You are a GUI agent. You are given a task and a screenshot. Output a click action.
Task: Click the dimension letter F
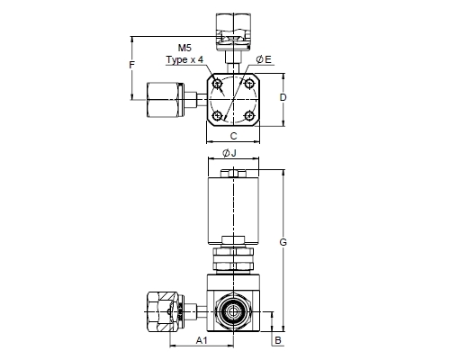(x=132, y=65)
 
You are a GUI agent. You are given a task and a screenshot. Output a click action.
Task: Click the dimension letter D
(x=283, y=97)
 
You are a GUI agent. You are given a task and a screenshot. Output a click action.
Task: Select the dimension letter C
(x=233, y=136)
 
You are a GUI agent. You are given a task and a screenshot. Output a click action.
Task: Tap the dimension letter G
(x=283, y=242)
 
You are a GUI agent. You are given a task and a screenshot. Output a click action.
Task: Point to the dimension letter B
(x=278, y=340)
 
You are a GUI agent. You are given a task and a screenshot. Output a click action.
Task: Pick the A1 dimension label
(x=202, y=340)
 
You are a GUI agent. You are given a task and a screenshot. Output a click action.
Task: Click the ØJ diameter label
(x=229, y=153)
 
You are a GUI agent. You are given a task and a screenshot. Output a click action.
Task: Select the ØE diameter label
(x=264, y=59)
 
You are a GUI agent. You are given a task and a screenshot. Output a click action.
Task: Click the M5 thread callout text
(x=184, y=48)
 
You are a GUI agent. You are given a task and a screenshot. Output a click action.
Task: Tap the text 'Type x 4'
(x=184, y=59)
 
